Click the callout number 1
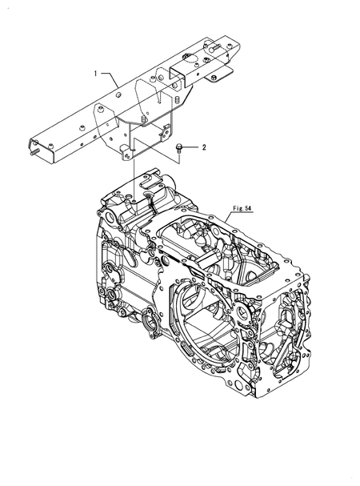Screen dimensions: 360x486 (x=96, y=74)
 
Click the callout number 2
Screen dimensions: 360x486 (x=203, y=147)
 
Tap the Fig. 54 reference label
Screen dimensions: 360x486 (x=242, y=209)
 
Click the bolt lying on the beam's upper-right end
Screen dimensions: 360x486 (x=215, y=47)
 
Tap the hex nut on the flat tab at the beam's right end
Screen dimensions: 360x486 (x=214, y=77)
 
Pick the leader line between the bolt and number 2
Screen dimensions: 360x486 (x=191, y=147)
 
